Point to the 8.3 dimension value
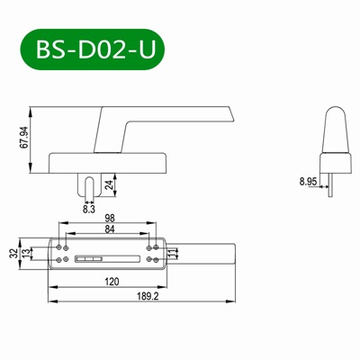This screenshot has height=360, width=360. point(88,209)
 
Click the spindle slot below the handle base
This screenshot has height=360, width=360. point(88,186)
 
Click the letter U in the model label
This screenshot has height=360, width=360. point(147,50)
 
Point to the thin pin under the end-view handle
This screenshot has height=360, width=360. point(331,185)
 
